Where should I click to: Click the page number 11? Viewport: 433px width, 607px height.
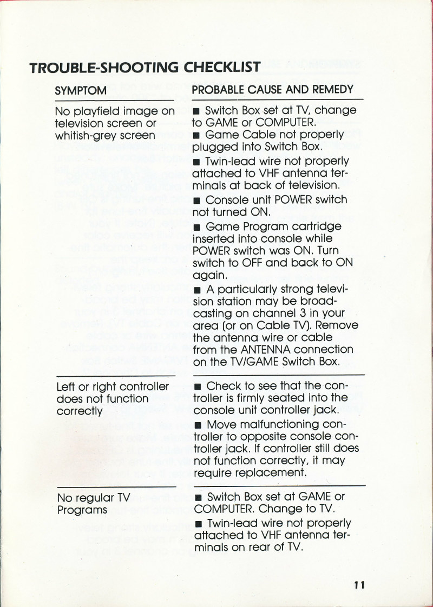point(360,585)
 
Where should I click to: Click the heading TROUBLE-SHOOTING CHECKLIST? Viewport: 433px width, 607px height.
point(145,68)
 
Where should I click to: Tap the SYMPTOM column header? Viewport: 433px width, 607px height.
point(81,91)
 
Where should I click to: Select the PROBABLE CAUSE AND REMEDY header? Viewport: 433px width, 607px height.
point(273,90)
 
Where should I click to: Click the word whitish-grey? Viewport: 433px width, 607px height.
point(82,136)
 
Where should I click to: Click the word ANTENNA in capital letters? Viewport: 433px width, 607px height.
point(278,350)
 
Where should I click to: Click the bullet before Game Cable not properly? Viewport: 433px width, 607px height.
point(198,135)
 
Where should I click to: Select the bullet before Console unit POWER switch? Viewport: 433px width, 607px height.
point(198,199)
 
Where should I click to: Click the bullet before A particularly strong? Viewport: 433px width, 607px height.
point(198,289)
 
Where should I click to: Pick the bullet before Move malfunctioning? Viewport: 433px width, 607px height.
point(198,425)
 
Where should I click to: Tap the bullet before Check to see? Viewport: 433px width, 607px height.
point(198,387)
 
